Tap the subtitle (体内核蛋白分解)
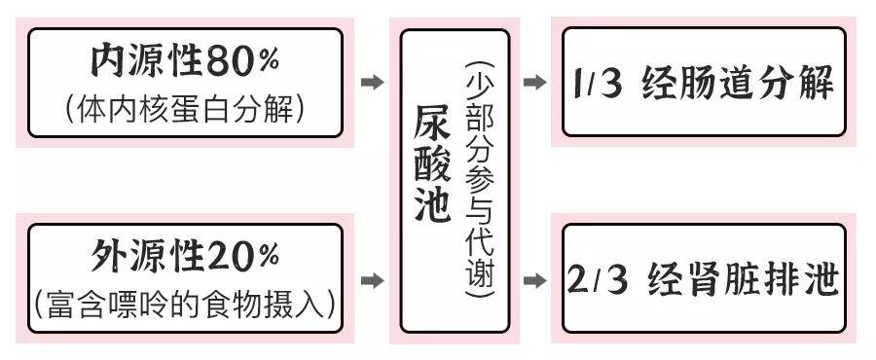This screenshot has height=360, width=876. [185, 106]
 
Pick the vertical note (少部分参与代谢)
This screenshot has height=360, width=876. [481, 180]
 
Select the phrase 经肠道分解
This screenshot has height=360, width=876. [739, 84]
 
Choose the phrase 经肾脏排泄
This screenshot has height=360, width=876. [739, 280]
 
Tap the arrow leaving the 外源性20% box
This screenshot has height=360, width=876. [371, 281]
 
